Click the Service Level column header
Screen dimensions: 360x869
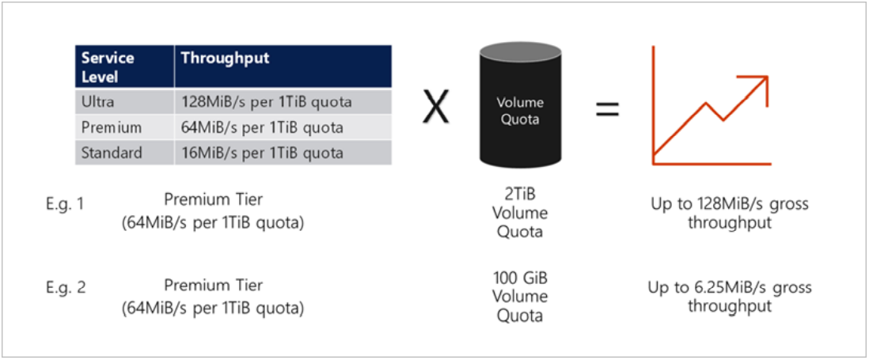pos(108,67)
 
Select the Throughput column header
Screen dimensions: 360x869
pos(225,59)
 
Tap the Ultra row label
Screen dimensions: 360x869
pos(97,101)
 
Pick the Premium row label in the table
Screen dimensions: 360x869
pos(111,127)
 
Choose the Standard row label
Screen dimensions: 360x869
pos(112,153)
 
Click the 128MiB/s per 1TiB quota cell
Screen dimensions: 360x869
pos(267,101)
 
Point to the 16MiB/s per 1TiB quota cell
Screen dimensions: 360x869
pos(263,153)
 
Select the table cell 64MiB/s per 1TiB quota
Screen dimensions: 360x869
pos(263,127)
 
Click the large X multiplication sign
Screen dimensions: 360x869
pos(436,108)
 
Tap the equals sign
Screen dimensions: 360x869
pos(607,109)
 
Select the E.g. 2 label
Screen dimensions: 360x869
pos(66,287)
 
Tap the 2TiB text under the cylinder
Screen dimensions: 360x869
pos(519,195)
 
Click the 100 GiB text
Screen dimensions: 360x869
pos(519,279)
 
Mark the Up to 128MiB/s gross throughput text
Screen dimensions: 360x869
pos(729,213)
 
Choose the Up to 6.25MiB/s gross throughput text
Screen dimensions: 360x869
pos(729,297)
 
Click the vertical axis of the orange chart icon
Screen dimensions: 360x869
pos(653,103)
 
